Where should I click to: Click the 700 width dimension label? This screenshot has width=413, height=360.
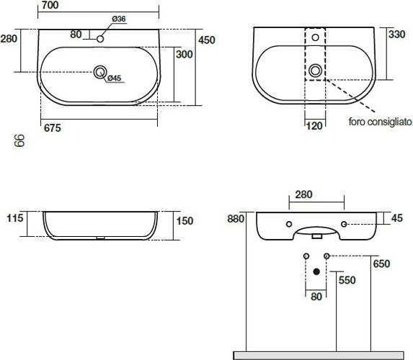(50, 5)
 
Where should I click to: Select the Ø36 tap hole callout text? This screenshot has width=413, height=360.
(118, 19)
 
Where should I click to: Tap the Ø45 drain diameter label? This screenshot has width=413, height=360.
(114, 78)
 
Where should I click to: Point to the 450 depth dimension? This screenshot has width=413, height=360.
(207, 40)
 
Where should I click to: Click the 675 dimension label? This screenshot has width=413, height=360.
(53, 128)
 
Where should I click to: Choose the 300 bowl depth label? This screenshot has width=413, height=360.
(185, 55)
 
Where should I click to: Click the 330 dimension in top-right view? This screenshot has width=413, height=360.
(396, 35)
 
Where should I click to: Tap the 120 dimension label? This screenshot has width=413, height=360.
(314, 126)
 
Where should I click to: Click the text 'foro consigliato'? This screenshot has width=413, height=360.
(380, 122)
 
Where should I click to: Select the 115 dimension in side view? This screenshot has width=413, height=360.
(15, 218)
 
